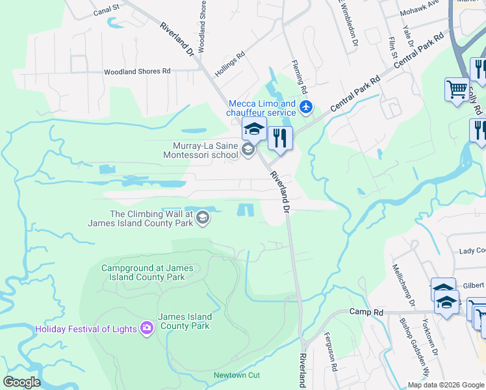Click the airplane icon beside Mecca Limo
(x=307, y=106)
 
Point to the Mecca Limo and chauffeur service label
(x=262, y=108)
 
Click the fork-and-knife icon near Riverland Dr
(x=281, y=138)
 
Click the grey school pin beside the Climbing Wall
(x=203, y=218)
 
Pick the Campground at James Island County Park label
(x=144, y=272)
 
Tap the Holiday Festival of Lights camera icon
(x=147, y=328)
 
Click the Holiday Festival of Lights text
(x=86, y=329)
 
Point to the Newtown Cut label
(x=237, y=376)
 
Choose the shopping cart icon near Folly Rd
(x=457, y=89)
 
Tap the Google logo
(x=23, y=382)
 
